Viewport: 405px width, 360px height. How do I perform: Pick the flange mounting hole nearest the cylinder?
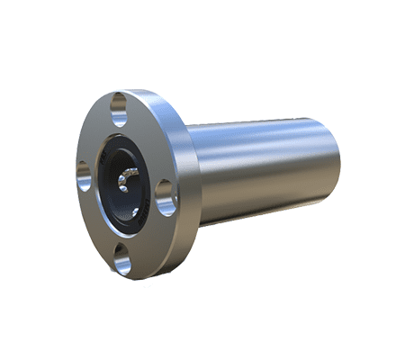pyautogui.click(x=165, y=197)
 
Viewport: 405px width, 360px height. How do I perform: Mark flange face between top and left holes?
pyautogui.click(x=95, y=135)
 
